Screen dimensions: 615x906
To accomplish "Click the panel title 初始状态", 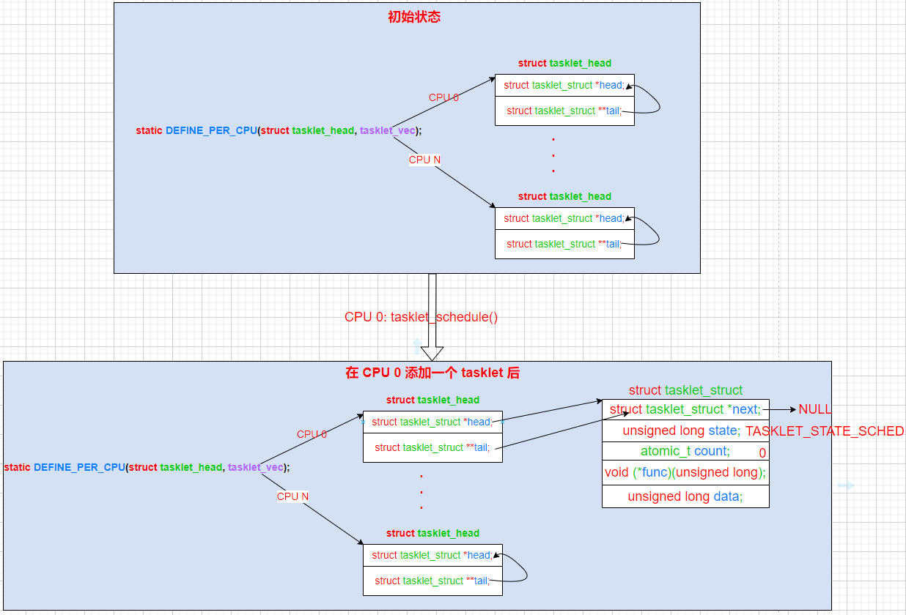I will [x=413, y=17].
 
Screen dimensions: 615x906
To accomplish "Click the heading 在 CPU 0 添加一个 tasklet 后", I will [x=432, y=373].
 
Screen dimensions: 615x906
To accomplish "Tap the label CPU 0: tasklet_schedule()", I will [x=421, y=317].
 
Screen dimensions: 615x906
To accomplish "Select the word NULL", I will [x=815, y=409].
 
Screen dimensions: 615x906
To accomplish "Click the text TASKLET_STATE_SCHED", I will [x=825, y=431].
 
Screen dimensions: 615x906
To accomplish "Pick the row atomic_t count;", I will [x=685, y=451].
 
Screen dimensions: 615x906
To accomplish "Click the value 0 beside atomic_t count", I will [x=762, y=453].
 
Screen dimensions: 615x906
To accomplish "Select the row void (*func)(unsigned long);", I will [x=685, y=472].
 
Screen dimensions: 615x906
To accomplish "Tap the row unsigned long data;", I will [x=685, y=496].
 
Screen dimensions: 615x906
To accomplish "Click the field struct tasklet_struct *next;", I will [x=685, y=409].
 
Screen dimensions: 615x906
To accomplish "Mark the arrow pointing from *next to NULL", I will [x=780, y=410].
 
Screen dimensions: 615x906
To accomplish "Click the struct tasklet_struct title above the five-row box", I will [x=685, y=390].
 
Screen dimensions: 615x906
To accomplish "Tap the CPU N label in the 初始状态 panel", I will [x=424, y=160].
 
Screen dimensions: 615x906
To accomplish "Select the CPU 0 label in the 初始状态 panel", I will [x=443, y=97].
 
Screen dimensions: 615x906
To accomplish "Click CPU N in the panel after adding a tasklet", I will [x=292, y=496].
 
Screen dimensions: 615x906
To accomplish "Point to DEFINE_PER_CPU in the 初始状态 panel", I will [x=211, y=130].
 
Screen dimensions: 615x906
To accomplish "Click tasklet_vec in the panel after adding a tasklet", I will [x=256, y=467].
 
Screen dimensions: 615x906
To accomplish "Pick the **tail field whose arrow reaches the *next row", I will [x=432, y=447].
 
